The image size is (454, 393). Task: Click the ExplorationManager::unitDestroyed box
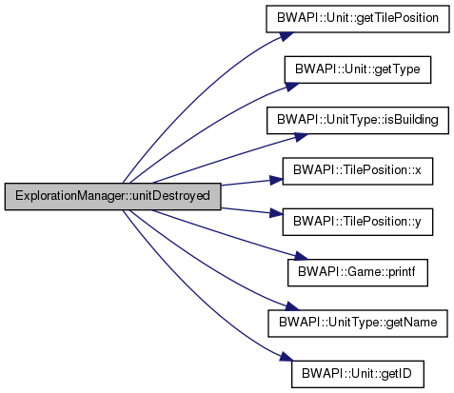[x=112, y=196]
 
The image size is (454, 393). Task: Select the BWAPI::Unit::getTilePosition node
[x=358, y=19]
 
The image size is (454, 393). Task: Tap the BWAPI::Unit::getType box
[x=358, y=69]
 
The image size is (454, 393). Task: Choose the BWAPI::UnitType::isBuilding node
[x=358, y=120]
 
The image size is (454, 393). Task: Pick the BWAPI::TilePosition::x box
[x=358, y=171]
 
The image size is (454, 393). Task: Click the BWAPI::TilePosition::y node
[x=358, y=222]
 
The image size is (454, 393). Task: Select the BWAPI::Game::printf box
[x=358, y=272]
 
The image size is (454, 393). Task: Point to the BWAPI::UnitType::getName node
[x=358, y=324]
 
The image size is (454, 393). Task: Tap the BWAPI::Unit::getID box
[x=358, y=374]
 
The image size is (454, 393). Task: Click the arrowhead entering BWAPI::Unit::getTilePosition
[x=284, y=37]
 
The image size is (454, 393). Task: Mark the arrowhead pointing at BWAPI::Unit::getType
[x=291, y=87]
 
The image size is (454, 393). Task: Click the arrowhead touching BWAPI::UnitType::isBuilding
[x=301, y=137]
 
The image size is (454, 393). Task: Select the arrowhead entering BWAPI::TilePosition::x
[x=276, y=180]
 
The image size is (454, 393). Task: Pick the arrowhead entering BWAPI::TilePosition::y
[x=276, y=212]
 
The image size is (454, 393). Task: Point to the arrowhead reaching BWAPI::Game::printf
[x=301, y=256]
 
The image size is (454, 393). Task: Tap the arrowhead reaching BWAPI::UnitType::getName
[x=291, y=306]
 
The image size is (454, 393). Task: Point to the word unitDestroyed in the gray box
[x=171, y=196]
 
